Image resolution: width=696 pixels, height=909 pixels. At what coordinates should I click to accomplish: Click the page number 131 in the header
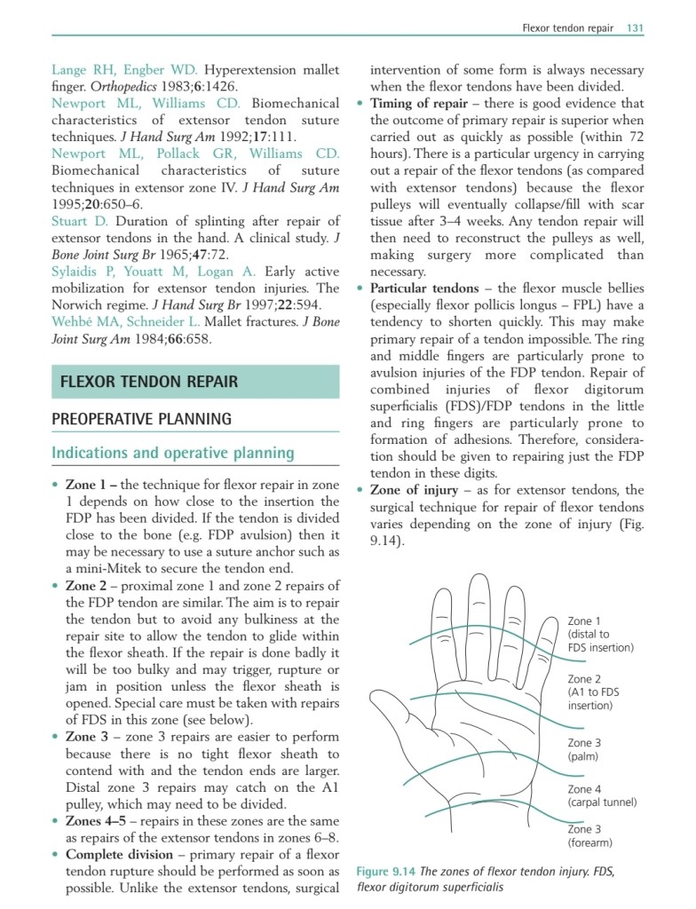click(634, 28)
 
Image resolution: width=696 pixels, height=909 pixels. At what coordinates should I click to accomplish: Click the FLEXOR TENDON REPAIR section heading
click(148, 383)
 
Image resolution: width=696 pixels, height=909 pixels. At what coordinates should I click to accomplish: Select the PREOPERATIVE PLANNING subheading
click(141, 419)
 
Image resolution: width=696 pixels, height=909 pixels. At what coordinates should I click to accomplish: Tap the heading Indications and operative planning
click(173, 453)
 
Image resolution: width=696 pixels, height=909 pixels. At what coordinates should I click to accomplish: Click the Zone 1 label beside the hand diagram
click(584, 621)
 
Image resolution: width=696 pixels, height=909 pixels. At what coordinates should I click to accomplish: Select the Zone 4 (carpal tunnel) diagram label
click(602, 795)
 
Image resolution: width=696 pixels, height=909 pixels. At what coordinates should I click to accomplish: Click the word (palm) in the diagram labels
click(583, 757)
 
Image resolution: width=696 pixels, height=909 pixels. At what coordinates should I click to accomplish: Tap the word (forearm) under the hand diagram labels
click(590, 842)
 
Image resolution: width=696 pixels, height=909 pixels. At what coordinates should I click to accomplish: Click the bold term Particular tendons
click(430, 289)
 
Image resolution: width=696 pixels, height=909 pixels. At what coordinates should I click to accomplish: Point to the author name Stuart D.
click(80, 221)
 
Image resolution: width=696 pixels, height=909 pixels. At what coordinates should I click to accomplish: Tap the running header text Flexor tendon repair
click(567, 28)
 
